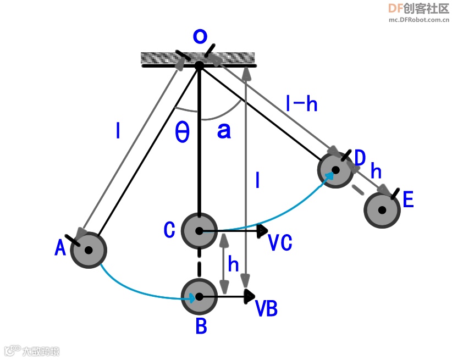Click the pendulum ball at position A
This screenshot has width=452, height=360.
(88, 250)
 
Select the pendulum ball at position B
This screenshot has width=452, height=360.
(199, 297)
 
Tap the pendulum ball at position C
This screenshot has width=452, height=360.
(199, 231)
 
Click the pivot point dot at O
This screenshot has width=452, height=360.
(199, 65)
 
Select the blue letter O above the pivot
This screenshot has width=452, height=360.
(200, 36)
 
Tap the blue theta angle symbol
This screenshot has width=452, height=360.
(182, 132)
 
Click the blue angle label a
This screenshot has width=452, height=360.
(224, 131)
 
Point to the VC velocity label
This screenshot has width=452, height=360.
(280, 242)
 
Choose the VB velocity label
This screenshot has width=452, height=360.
(267, 309)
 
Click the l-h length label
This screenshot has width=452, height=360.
(302, 103)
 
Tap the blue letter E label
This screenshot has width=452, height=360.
(408, 200)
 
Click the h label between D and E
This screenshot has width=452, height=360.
(376, 171)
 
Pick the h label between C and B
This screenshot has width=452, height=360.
(234, 265)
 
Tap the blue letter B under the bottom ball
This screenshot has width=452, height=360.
(201, 326)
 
